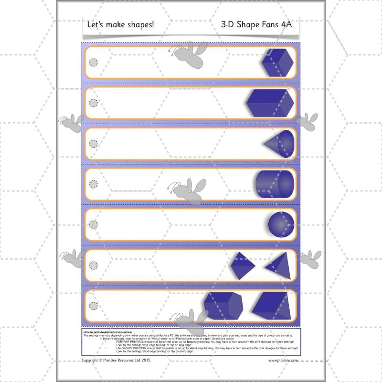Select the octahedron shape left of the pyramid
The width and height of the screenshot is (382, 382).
point(243,265)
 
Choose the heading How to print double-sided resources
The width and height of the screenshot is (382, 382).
point(107,331)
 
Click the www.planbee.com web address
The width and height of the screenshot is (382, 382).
point(285,361)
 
